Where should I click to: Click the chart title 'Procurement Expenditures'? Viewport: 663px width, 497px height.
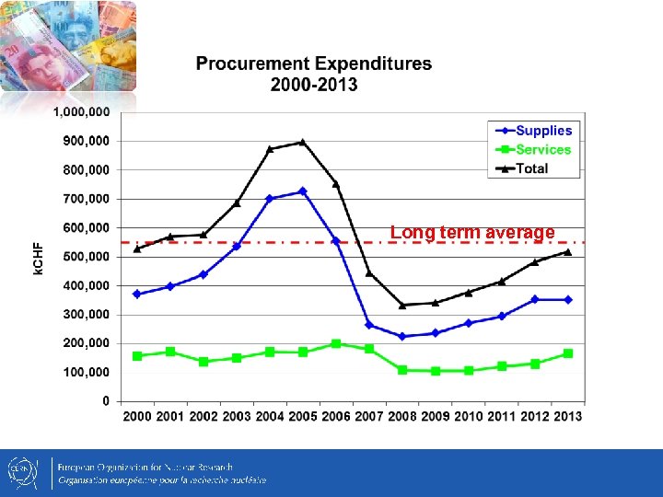coord(313,64)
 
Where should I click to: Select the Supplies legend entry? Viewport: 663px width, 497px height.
coord(543,131)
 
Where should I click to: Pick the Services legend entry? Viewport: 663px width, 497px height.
coord(543,149)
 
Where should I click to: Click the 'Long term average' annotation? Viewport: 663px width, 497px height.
coord(472,233)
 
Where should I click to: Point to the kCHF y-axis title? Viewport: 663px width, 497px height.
coord(39,256)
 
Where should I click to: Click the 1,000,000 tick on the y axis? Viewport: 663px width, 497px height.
coord(81,111)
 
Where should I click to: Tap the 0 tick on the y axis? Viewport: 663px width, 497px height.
coord(105,401)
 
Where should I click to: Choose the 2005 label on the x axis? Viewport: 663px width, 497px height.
coord(303,417)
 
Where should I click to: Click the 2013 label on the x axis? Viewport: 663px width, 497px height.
coord(568,417)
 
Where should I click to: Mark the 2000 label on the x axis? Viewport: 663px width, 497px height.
coord(137,417)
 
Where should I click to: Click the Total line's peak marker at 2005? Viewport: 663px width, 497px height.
coord(303,143)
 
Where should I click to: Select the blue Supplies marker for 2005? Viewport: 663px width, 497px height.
coord(303,191)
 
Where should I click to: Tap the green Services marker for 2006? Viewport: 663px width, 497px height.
coord(336,343)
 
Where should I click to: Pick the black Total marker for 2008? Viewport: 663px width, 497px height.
coord(402,306)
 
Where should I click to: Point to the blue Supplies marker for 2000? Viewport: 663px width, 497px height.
coord(137,295)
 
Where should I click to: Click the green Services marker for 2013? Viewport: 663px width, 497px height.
coord(568,353)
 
